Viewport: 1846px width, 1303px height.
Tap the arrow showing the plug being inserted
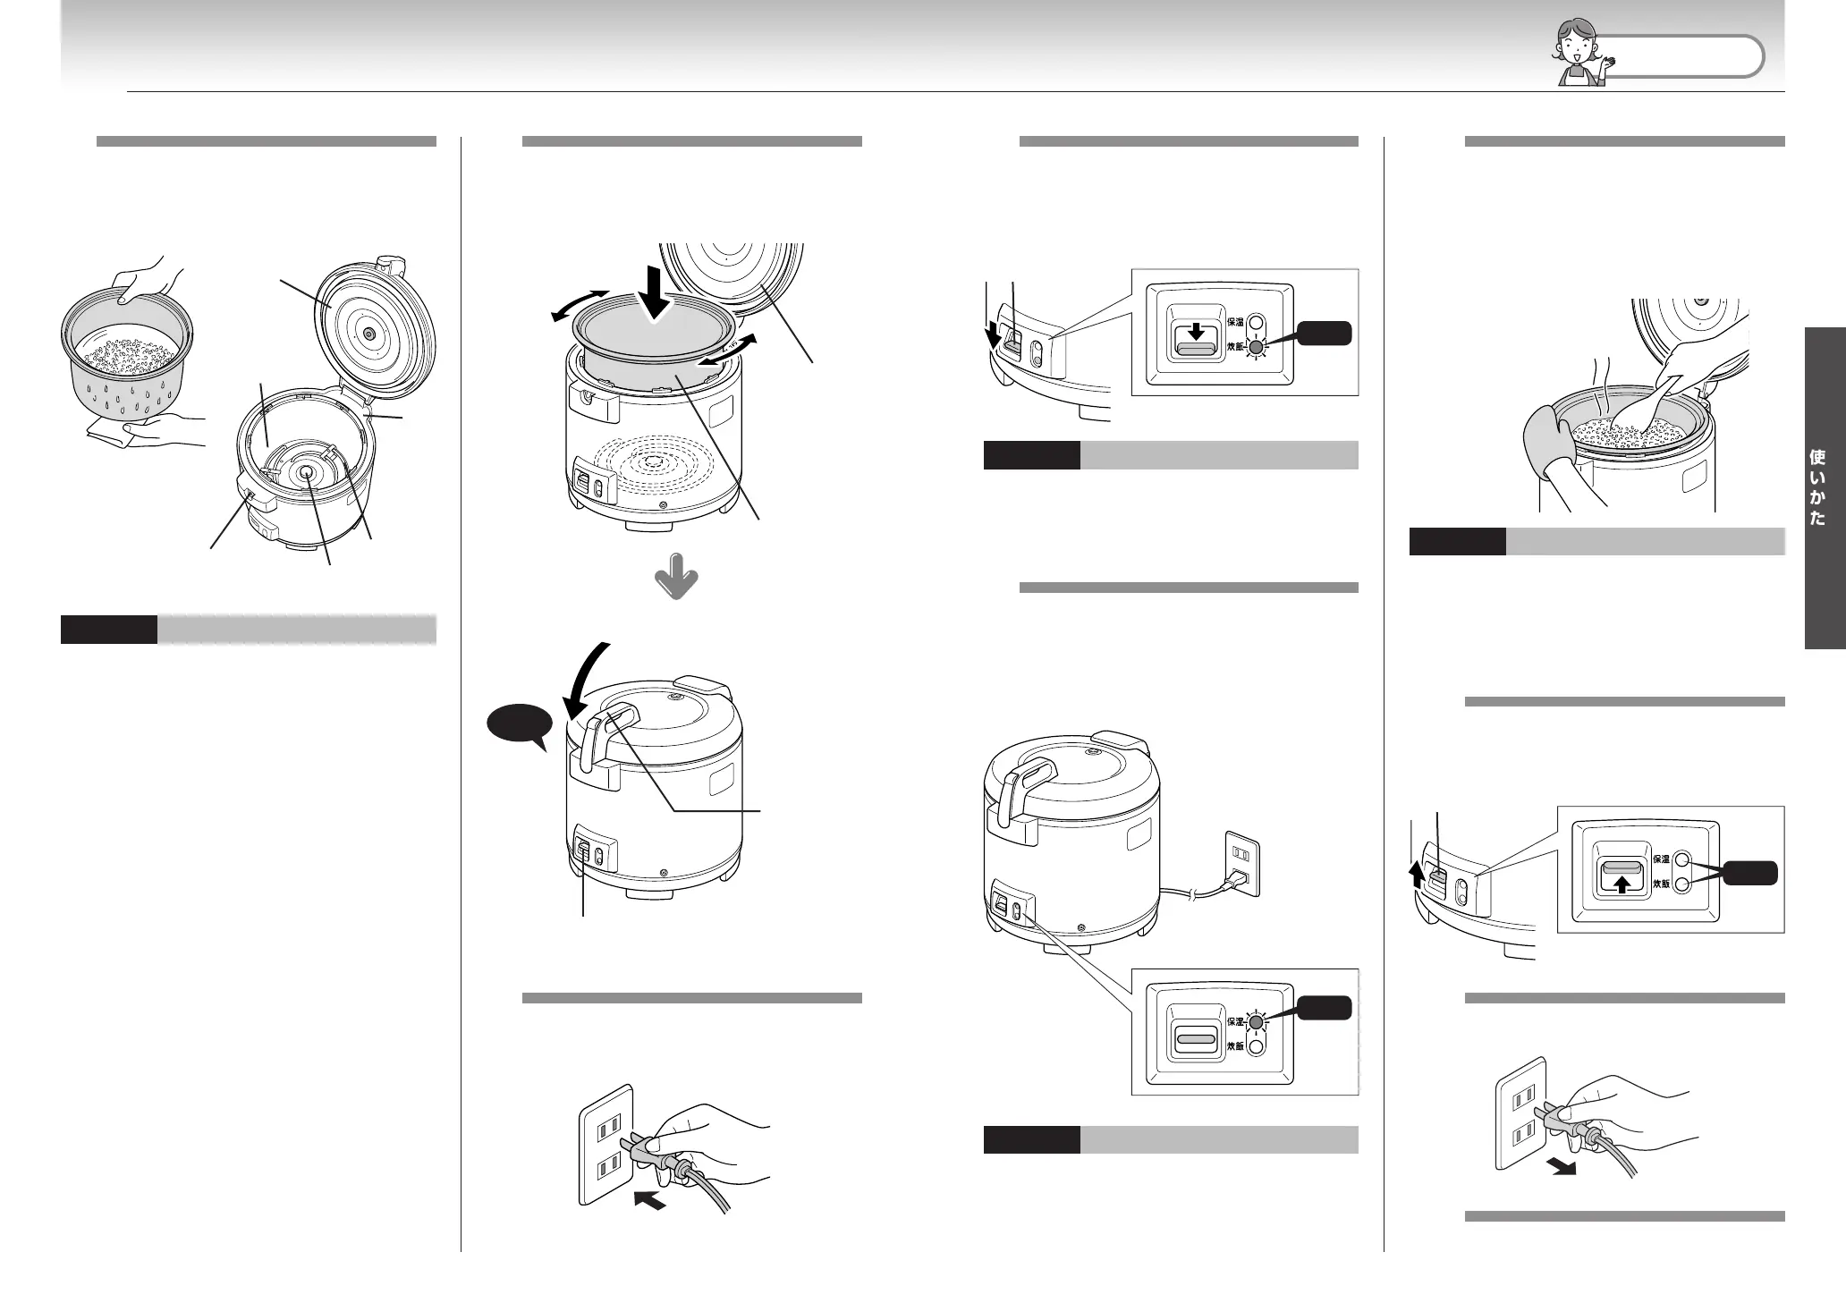pos(649,1202)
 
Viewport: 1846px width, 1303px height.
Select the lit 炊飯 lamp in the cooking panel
pos(1257,347)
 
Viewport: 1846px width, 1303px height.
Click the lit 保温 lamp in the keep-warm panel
pos(1257,1021)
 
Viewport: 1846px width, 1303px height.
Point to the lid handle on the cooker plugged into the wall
pos(1026,780)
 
